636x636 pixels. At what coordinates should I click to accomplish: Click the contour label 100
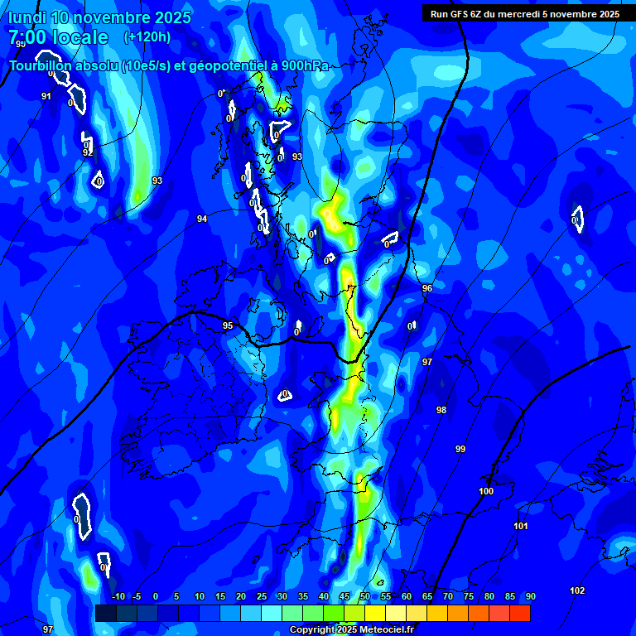pos(486,491)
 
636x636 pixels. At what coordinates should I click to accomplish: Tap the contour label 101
pos(521,526)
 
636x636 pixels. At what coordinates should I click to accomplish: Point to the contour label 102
pos(577,590)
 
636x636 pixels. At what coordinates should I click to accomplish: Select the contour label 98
pos(441,410)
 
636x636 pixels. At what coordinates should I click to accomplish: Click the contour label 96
pos(427,288)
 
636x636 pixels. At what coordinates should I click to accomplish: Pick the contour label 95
pos(228,325)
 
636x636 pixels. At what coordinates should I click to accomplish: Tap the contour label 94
pos(202,219)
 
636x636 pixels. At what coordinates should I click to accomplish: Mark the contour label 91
pos(46,96)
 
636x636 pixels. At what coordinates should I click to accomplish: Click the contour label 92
pos(88,152)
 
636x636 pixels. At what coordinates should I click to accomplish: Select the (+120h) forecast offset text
pos(147,36)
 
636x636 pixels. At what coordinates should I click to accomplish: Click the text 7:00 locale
pos(58,37)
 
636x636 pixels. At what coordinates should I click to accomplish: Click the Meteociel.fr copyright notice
pos(351,629)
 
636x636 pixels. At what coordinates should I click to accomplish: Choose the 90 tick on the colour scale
pos(530,596)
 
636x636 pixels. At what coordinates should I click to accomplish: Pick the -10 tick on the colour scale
pos(118,596)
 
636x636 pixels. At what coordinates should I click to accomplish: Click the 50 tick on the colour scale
pos(365,596)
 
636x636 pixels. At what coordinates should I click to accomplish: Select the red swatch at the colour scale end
pos(519,613)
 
